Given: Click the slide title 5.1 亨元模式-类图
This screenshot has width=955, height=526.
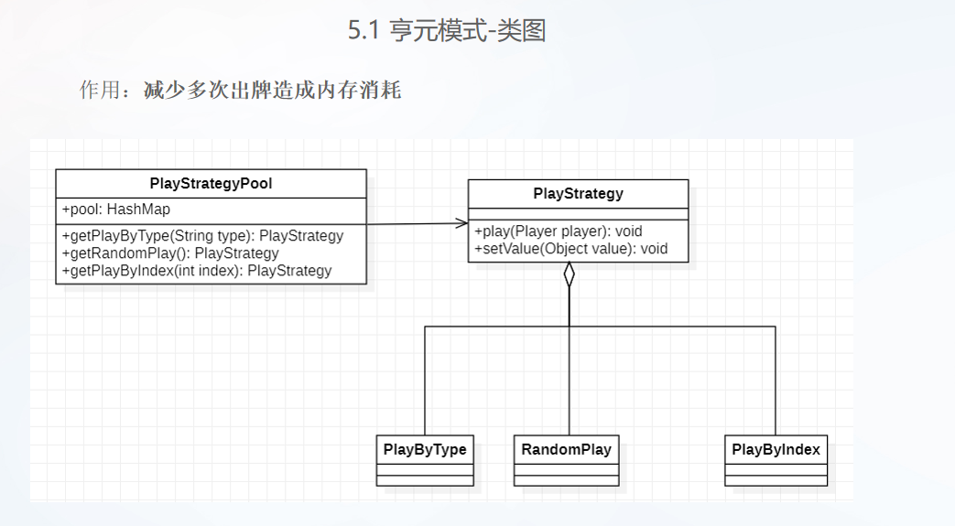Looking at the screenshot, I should [x=447, y=31].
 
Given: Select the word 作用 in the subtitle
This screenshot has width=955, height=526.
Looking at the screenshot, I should [x=100, y=91].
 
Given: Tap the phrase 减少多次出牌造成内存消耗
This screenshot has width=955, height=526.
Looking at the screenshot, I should [x=272, y=91].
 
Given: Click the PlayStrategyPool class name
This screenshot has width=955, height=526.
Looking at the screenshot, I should [x=211, y=184].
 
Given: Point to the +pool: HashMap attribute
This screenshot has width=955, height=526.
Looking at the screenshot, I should [x=116, y=209].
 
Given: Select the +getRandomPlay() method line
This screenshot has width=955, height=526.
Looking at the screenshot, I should [x=170, y=253].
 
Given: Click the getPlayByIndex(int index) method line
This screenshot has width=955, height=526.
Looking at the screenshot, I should [x=197, y=271].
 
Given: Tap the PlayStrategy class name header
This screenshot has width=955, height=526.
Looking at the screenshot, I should [x=578, y=194].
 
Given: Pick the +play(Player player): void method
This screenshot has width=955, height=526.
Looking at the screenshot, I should [x=559, y=231].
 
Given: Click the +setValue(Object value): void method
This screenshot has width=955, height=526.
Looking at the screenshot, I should [x=570, y=249].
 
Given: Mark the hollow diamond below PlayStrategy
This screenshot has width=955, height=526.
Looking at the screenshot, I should [x=570, y=274].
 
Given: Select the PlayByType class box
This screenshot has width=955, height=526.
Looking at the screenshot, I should [x=425, y=460].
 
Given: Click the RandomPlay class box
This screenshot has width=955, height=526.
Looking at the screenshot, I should [x=566, y=460].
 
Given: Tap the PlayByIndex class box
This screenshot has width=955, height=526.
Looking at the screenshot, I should [x=776, y=460].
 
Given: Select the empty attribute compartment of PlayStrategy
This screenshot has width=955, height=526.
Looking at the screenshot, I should [x=578, y=214].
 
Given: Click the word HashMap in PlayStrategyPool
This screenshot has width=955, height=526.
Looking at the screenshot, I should [x=139, y=209].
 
